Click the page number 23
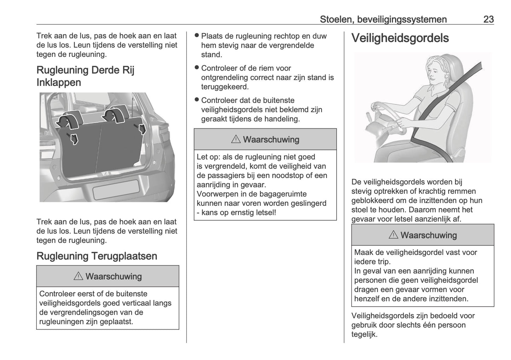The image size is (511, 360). click(x=488, y=19)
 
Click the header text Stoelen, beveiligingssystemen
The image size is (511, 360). click(x=383, y=19)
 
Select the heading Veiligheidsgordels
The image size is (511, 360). click(x=400, y=38)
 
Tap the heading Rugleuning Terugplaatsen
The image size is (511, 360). click(x=97, y=256)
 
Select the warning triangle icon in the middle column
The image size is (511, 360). click(x=236, y=140)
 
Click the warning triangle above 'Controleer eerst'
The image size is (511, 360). click(x=78, y=277)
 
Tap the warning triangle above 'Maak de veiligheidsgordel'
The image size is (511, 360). click(x=393, y=235)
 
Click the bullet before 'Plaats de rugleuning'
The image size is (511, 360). click(x=197, y=35)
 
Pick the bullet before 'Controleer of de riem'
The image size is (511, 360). click(x=197, y=68)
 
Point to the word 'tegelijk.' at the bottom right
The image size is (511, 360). click(x=364, y=334)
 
